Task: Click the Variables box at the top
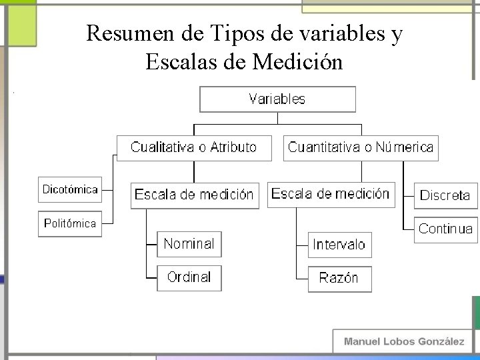pyautogui.click(x=277, y=99)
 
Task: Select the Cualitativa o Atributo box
pyautogui.click(x=194, y=147)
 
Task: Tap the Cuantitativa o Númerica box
pyautogui.click(x=361, y=147)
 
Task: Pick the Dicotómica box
pyautogui.click(x=70, y=189)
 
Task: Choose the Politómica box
pyautogui.click(x=70, y=223)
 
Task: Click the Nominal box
pyautogui.click(x=189, y=244)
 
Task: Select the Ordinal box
pyautogui.click(x=189, y=277)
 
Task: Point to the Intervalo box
pyautogui.click(x=339, y=245)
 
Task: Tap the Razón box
pyautogui.click(x=339, y=278)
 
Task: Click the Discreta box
pyautogui.click(x=445, y=195)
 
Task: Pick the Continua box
pyautogui.click(x=445, y=229)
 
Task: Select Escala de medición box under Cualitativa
pyautogui.click(x=194, y=195)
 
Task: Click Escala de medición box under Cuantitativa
pyautogui.click(x=330, y=194)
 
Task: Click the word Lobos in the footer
pyautogui.click(x=398, y=341)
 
